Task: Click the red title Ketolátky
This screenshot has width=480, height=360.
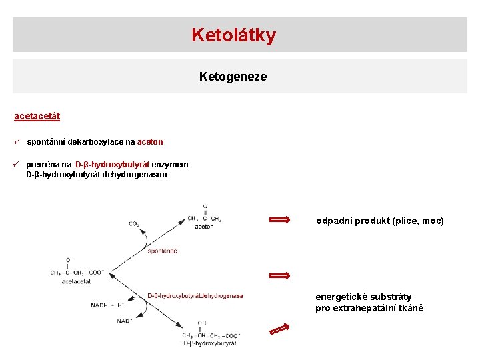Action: click(233, 35)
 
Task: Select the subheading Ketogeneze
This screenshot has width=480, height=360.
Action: click(233, 77)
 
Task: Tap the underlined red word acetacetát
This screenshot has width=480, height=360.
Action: click(37, 116)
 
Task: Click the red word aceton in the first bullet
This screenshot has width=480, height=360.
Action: click(150, 142)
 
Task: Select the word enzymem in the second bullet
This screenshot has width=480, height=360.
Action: click(170, 165)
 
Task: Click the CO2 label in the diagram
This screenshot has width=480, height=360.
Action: click(134, 224)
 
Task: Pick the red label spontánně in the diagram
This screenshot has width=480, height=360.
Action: click(163, 251)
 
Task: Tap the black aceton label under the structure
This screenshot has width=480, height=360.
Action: click(204, 227)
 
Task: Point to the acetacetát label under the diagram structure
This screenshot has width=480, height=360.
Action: click(75, 281)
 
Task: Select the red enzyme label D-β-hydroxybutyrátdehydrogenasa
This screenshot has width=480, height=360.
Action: click(195, 296)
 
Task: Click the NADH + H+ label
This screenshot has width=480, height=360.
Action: click(107, 306)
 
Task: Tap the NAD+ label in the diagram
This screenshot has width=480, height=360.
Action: click(124, 321)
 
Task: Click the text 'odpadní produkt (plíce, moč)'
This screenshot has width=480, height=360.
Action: click(379, 221)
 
